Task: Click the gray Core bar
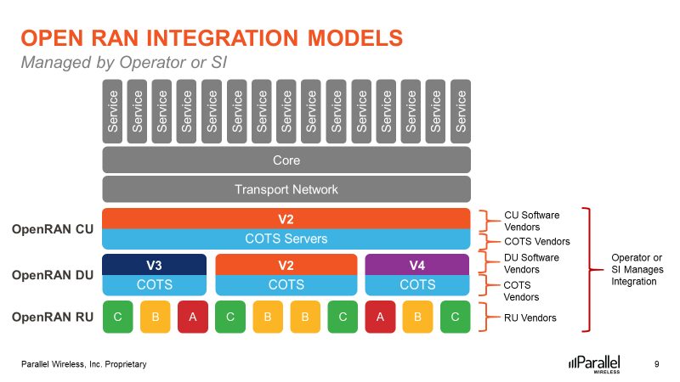[x=286, y=160]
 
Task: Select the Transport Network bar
[x=286, y=189]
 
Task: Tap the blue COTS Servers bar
[x=286, y=239]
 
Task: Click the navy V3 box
[x=154, y=264]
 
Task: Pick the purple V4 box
[x=417, y=264]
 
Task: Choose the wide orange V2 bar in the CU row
[x=286, y=218]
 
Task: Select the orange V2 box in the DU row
[x=286, y=264]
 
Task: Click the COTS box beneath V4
[x=417, y=284]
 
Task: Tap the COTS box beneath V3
[x=154, y=284]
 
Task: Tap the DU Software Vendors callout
[x=531, y=263]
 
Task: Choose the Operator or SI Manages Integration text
[x=637, y=269]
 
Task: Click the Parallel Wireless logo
[x=595, y=363]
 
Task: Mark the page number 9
[x=656, y=364]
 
